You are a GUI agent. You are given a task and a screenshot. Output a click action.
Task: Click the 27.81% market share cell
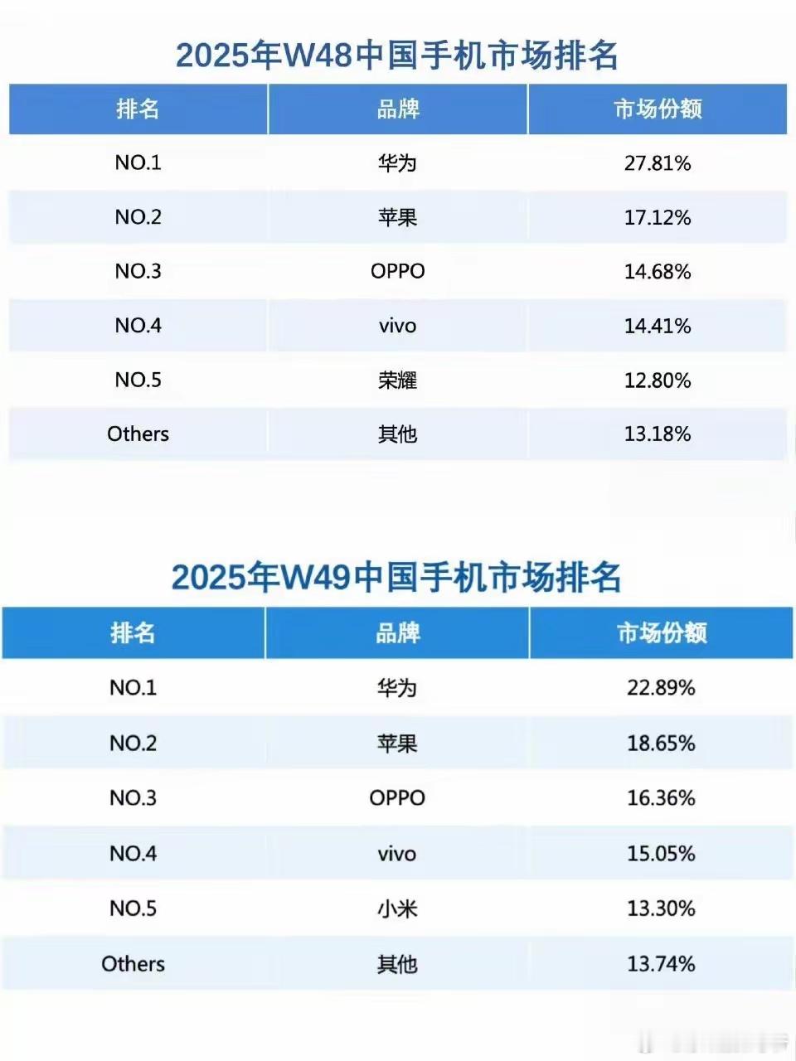(658, 163)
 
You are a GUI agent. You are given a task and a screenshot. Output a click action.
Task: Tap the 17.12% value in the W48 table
(658, 218)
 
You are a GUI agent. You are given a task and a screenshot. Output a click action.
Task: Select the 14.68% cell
(658, 272)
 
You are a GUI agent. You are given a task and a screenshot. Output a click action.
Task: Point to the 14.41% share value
(658, 326)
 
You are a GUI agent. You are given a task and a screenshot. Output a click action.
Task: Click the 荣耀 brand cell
(397, 380)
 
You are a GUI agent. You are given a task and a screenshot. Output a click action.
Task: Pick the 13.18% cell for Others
(658, 434)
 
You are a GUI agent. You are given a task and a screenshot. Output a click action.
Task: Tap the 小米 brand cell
(397, 909)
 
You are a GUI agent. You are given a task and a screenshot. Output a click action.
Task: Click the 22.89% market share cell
(661, 688)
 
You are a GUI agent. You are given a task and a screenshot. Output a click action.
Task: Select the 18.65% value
(661, 744)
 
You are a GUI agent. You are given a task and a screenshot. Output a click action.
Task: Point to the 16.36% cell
(661, 798)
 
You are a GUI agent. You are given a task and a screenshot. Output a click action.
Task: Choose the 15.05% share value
(661, 854)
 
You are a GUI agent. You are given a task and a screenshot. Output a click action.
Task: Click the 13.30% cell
(661, 909)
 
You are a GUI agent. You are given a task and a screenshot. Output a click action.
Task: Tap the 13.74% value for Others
(661, 964)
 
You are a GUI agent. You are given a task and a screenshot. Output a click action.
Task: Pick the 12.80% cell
(658, 380)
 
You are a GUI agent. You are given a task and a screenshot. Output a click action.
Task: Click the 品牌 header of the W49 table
(397, 633)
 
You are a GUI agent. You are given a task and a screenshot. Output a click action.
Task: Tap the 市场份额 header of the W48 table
(658, 109)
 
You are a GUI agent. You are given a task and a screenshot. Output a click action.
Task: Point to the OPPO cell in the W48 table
(397, 272)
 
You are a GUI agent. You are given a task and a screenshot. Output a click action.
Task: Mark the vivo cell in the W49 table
(397, 854)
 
